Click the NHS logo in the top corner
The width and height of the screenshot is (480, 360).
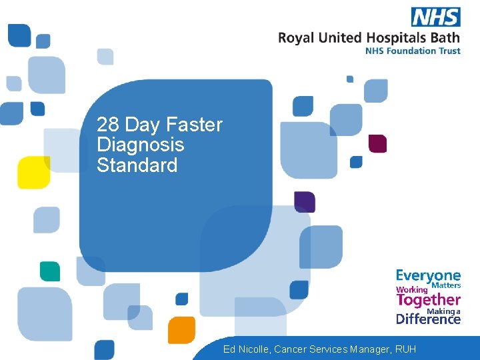(x=435, y=17)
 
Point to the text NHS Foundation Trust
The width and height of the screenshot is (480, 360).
(x=413, y=51)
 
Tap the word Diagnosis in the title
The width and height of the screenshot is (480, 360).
(x=140, y=145)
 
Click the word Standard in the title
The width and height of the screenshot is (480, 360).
(x=137, y=165)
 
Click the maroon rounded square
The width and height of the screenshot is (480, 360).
(x=377, y=143)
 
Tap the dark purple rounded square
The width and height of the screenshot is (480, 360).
(x=305, y=202)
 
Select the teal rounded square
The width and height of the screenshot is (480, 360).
(x=49, y=271)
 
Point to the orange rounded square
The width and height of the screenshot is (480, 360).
(x=181, y=329)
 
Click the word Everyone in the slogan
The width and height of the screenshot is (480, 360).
(x=428, y=275)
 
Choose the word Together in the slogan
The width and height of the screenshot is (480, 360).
(x=428, y=300)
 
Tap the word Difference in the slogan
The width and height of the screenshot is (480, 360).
(x=428, y=319)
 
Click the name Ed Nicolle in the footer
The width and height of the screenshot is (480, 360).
(x=246, y=349)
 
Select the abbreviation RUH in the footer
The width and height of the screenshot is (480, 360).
(x=405, y=349)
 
